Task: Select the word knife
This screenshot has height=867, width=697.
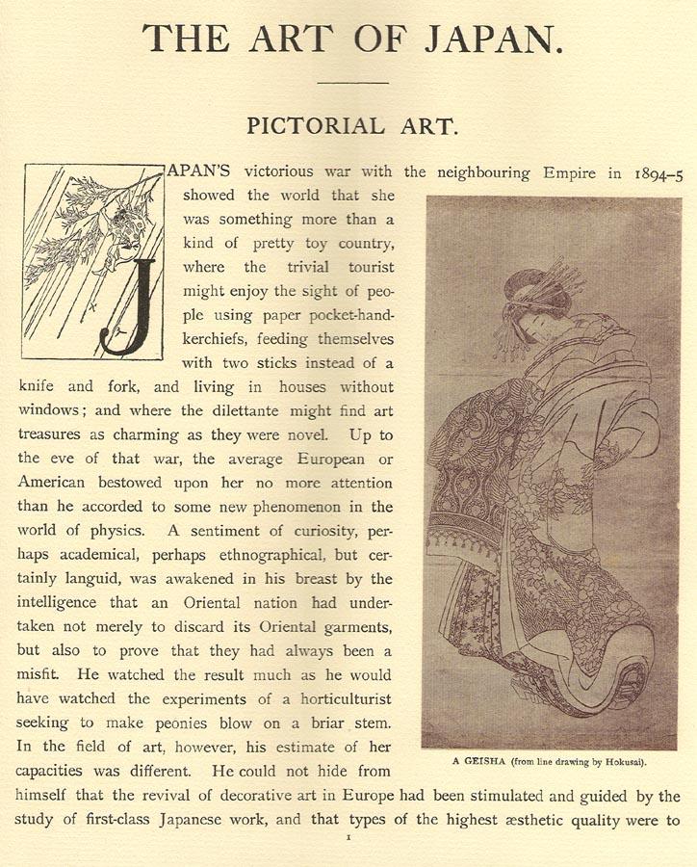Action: pos(39,387)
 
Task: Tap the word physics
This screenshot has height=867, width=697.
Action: pos(110,529)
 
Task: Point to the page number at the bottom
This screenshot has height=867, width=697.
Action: pos(348,840)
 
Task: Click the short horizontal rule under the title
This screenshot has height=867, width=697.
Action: pos(351,83)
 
